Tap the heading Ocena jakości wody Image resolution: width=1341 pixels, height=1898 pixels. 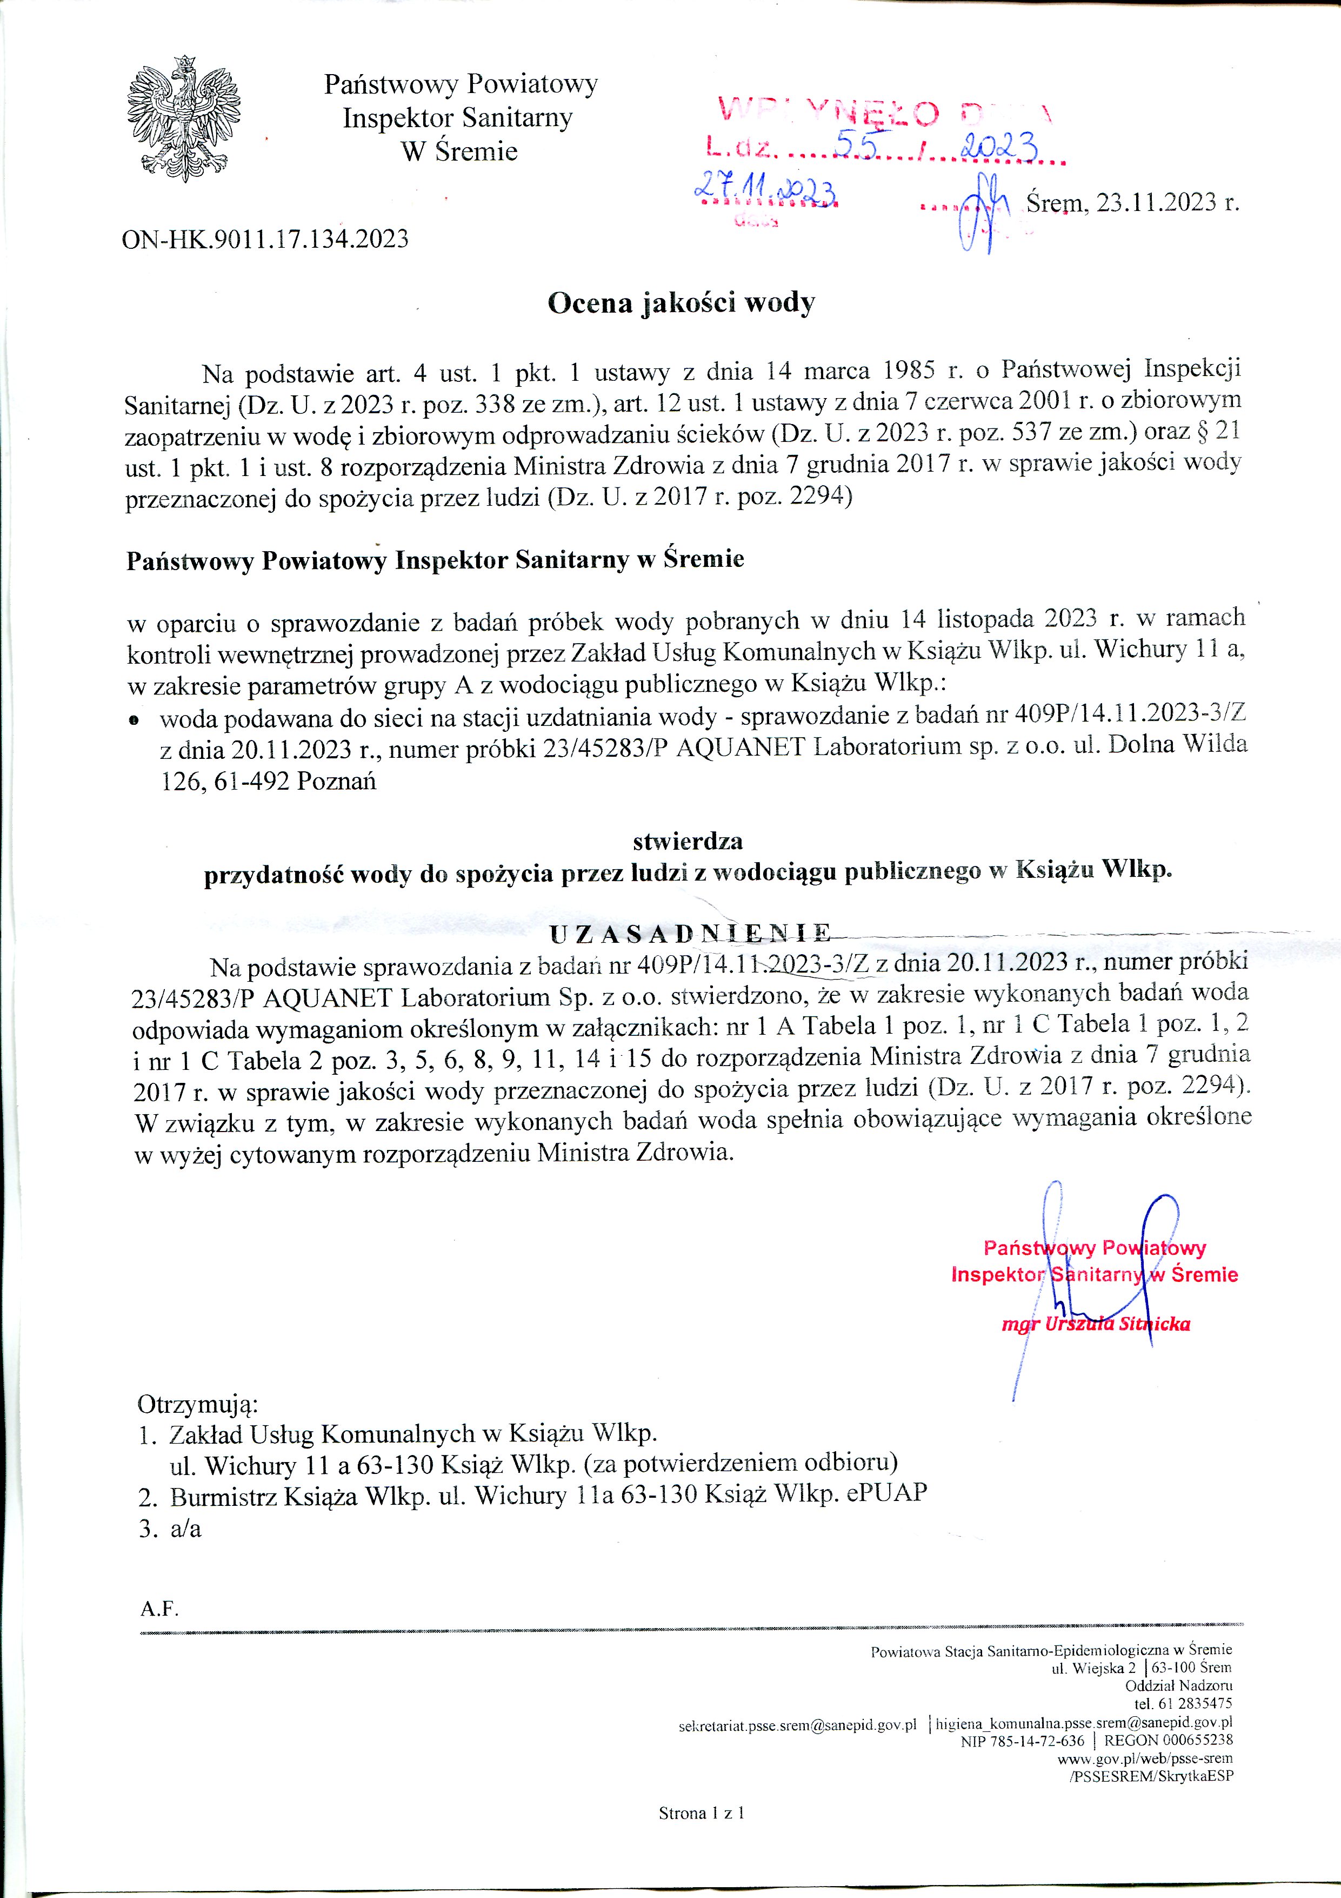pyautogui.click(x=682, y=303)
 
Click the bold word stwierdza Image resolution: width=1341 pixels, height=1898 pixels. pyautogui.click(x=688, y=842)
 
